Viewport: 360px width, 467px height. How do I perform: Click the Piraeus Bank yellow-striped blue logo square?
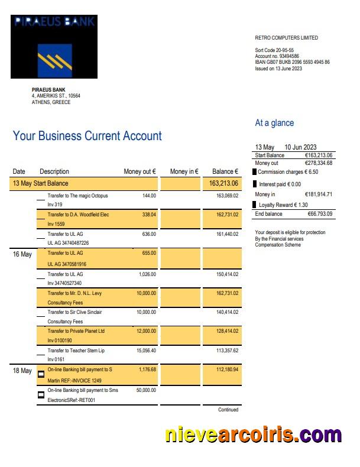(x=54, y=60)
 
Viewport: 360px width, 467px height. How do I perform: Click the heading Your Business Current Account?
(x=87, y=136)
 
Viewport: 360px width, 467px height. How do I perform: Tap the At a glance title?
(x=274, y=123)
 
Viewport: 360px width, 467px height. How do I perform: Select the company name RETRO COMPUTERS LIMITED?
(x=286, y=38)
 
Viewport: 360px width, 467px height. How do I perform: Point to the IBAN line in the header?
(x=292, y=62)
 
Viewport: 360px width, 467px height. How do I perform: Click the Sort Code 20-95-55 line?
(x=274, y=50)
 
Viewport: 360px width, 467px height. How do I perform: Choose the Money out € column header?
(x=140, y=171)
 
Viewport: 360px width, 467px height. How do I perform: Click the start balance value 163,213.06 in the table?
(x=223, y=183)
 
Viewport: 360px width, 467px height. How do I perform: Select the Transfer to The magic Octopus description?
(x=77, y=196)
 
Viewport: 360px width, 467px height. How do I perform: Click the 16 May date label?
(x=22, y=254)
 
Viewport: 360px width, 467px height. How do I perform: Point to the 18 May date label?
(x=22, y=371)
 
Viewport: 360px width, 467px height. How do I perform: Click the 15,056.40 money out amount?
(x=146, y=350)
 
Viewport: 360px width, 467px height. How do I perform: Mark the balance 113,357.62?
(x=227, y=350)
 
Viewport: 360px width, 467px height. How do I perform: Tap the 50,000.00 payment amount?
(x=146, y=390)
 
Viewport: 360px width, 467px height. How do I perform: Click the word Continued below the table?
(x=228, y=409)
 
